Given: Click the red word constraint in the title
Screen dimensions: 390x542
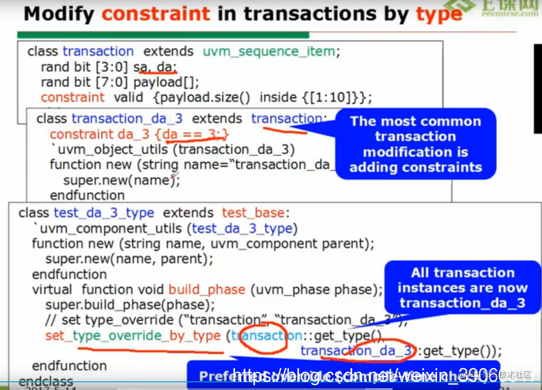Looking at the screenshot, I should point(155,14).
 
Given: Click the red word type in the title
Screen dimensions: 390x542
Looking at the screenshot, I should point(438,14).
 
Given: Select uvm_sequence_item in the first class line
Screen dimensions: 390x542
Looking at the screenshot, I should point(269,52).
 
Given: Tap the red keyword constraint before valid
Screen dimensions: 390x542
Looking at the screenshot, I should point(72,97).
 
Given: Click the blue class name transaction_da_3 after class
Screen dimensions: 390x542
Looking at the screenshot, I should point(127,119).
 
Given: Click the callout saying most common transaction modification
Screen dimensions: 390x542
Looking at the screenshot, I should point(415,144).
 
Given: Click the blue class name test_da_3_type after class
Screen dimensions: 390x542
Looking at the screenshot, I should point(104,213).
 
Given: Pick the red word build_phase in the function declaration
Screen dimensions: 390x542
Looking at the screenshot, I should point(207,289).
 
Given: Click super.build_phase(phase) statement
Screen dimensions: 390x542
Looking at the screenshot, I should point(130,305).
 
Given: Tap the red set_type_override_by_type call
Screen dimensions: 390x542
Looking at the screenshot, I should point(133,336).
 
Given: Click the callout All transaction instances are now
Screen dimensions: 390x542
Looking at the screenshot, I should point(462,288).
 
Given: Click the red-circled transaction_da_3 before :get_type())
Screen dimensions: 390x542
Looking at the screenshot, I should point(357,351).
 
